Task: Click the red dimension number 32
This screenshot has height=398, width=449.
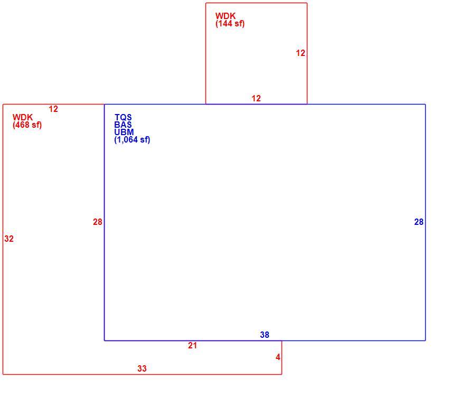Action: coord(9,239)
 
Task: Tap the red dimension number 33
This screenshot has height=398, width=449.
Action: coord(142,368)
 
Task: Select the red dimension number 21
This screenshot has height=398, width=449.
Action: coord(192,345)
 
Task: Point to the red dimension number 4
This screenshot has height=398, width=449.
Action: coord(278,357)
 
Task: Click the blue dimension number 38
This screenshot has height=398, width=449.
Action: coord(265,335)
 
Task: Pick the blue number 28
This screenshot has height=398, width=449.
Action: coord(419,222)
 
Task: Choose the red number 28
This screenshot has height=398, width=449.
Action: coord(97,222)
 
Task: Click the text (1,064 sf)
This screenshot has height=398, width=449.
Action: coord(132,140)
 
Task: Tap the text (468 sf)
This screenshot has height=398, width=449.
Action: coord(27,125)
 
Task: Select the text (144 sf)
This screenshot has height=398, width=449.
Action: coord(230,23)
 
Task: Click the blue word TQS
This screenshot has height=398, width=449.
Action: coord(123,117)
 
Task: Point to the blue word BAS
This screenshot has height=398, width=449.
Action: coord(123,125)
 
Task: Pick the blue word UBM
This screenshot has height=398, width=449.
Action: coord(124,132)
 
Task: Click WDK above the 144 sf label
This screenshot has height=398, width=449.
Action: coord(226,16)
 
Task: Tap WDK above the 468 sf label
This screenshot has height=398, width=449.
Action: coord(23,117)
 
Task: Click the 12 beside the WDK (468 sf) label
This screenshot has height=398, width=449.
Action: coord(53,109)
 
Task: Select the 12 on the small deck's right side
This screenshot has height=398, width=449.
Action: coord(301,53)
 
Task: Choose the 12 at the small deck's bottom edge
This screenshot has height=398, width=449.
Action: coord(256,98)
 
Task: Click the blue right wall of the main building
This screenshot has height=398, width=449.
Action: coord(425,222)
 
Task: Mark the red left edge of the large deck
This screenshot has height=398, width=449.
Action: coord(3,239)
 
